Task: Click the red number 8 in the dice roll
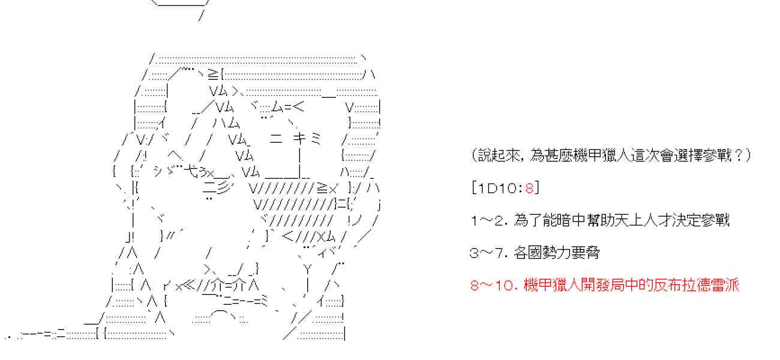tap(529, 188)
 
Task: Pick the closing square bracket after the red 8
tap(536, 188)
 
